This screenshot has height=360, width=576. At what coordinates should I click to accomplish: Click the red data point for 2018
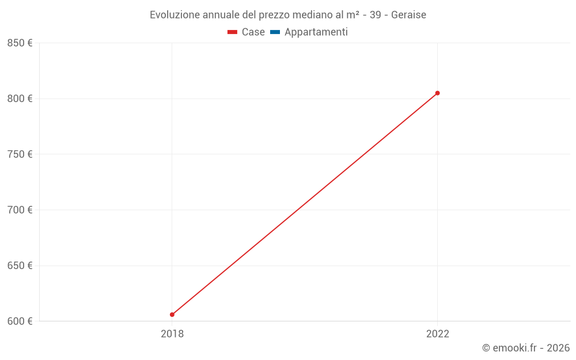(172, 314)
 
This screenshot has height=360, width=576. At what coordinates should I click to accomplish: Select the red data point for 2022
(437, 93)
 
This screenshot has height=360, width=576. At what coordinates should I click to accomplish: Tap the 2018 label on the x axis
(172, 334)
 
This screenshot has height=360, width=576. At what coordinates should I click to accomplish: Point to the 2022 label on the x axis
(437, 334)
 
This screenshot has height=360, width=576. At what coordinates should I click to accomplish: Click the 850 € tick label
(20, 43)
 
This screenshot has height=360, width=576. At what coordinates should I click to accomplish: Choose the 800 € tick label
(20, 98)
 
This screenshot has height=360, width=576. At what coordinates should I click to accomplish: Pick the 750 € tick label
(20, 154)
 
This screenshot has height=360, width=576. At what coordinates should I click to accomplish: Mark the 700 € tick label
(20, 210)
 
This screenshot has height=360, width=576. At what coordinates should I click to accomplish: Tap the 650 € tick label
(20, 266)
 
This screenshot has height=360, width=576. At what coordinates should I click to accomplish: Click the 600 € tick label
(20, 321)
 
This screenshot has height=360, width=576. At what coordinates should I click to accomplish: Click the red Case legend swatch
(232, 32)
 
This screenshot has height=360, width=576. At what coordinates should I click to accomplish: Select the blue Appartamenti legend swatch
(275, 32)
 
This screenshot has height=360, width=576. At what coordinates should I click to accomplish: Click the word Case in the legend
(253, 32)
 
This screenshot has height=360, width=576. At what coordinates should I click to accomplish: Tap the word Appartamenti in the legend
(316, 32)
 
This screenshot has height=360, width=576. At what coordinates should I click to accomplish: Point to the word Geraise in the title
(408, 15)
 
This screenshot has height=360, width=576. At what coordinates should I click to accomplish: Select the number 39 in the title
(375, 15)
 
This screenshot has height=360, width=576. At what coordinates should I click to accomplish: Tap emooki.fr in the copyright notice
(515, 348)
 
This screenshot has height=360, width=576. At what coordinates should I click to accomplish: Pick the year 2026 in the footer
(558, 348)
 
